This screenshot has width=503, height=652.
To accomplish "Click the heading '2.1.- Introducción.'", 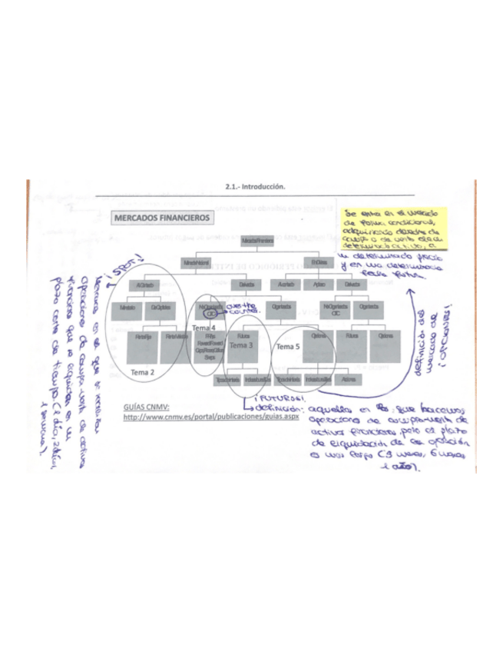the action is [x=255, y=187].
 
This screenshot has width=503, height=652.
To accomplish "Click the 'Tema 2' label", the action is [x=143, y=372].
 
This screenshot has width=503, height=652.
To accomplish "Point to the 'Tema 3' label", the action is [x=240, y=347].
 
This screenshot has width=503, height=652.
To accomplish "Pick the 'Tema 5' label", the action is [x=288, y=348].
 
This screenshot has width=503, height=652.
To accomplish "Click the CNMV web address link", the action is [x=211, y=417].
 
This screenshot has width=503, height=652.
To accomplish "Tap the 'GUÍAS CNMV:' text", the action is [x=147, y=407].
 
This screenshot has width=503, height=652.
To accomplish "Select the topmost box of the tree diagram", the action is [x=256, y=241].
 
